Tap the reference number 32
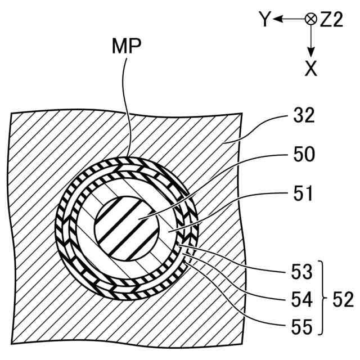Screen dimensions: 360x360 pyautogui.click(x=304, y=116)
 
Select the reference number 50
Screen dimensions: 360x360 pyautogui.click(x=304, y=154)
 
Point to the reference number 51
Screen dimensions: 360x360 pyautogui.click(x=304, y=194)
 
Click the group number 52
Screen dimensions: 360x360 pyautogui.click(x=342, y=300)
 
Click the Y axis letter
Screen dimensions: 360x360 pyautogui.click(x=265, y=21)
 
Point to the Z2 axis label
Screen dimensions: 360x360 pyautogui.click(x=332, y=21)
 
